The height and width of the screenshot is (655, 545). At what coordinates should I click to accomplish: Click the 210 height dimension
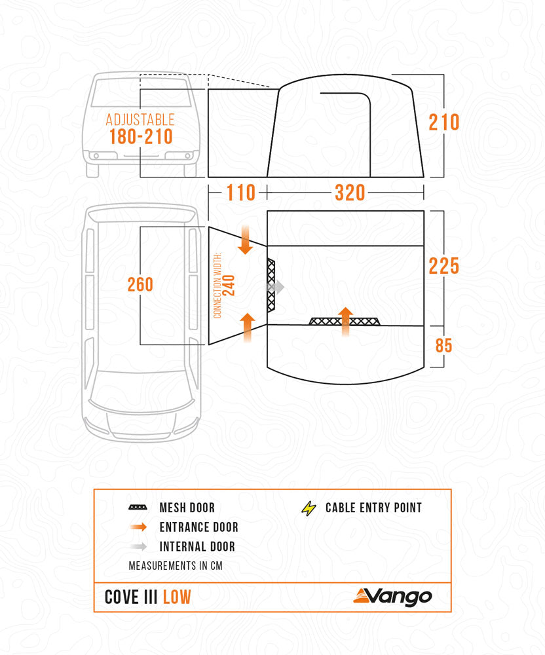pos(443,122)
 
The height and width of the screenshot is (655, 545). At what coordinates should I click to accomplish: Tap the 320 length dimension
pos(350,193)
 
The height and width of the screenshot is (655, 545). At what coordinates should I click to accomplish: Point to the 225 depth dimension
pos(443,266)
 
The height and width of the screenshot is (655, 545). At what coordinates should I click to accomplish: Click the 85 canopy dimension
pos(444,345)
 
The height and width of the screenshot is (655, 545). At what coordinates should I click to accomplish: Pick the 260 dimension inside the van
pos(140,284)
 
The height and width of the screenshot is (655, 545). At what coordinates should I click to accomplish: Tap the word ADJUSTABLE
pos(140,120)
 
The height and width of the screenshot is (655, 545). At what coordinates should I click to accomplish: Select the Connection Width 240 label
pos(224,285)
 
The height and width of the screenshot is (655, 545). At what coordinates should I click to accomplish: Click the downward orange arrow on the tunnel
pos(244,239)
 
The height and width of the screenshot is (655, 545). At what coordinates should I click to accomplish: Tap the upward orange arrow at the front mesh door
pos(345,320)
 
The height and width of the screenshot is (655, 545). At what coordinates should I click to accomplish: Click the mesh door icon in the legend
pos(138,508)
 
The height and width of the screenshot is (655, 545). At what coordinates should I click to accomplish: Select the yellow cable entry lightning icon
pos(308,508)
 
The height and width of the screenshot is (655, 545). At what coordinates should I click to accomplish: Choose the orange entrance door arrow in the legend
pos(138,527)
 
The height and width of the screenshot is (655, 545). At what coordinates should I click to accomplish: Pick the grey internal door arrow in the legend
pos(138,546)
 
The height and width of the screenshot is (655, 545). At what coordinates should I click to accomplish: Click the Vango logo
pos(393,596)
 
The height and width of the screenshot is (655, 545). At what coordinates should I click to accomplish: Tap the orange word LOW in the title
pos(177,597)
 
